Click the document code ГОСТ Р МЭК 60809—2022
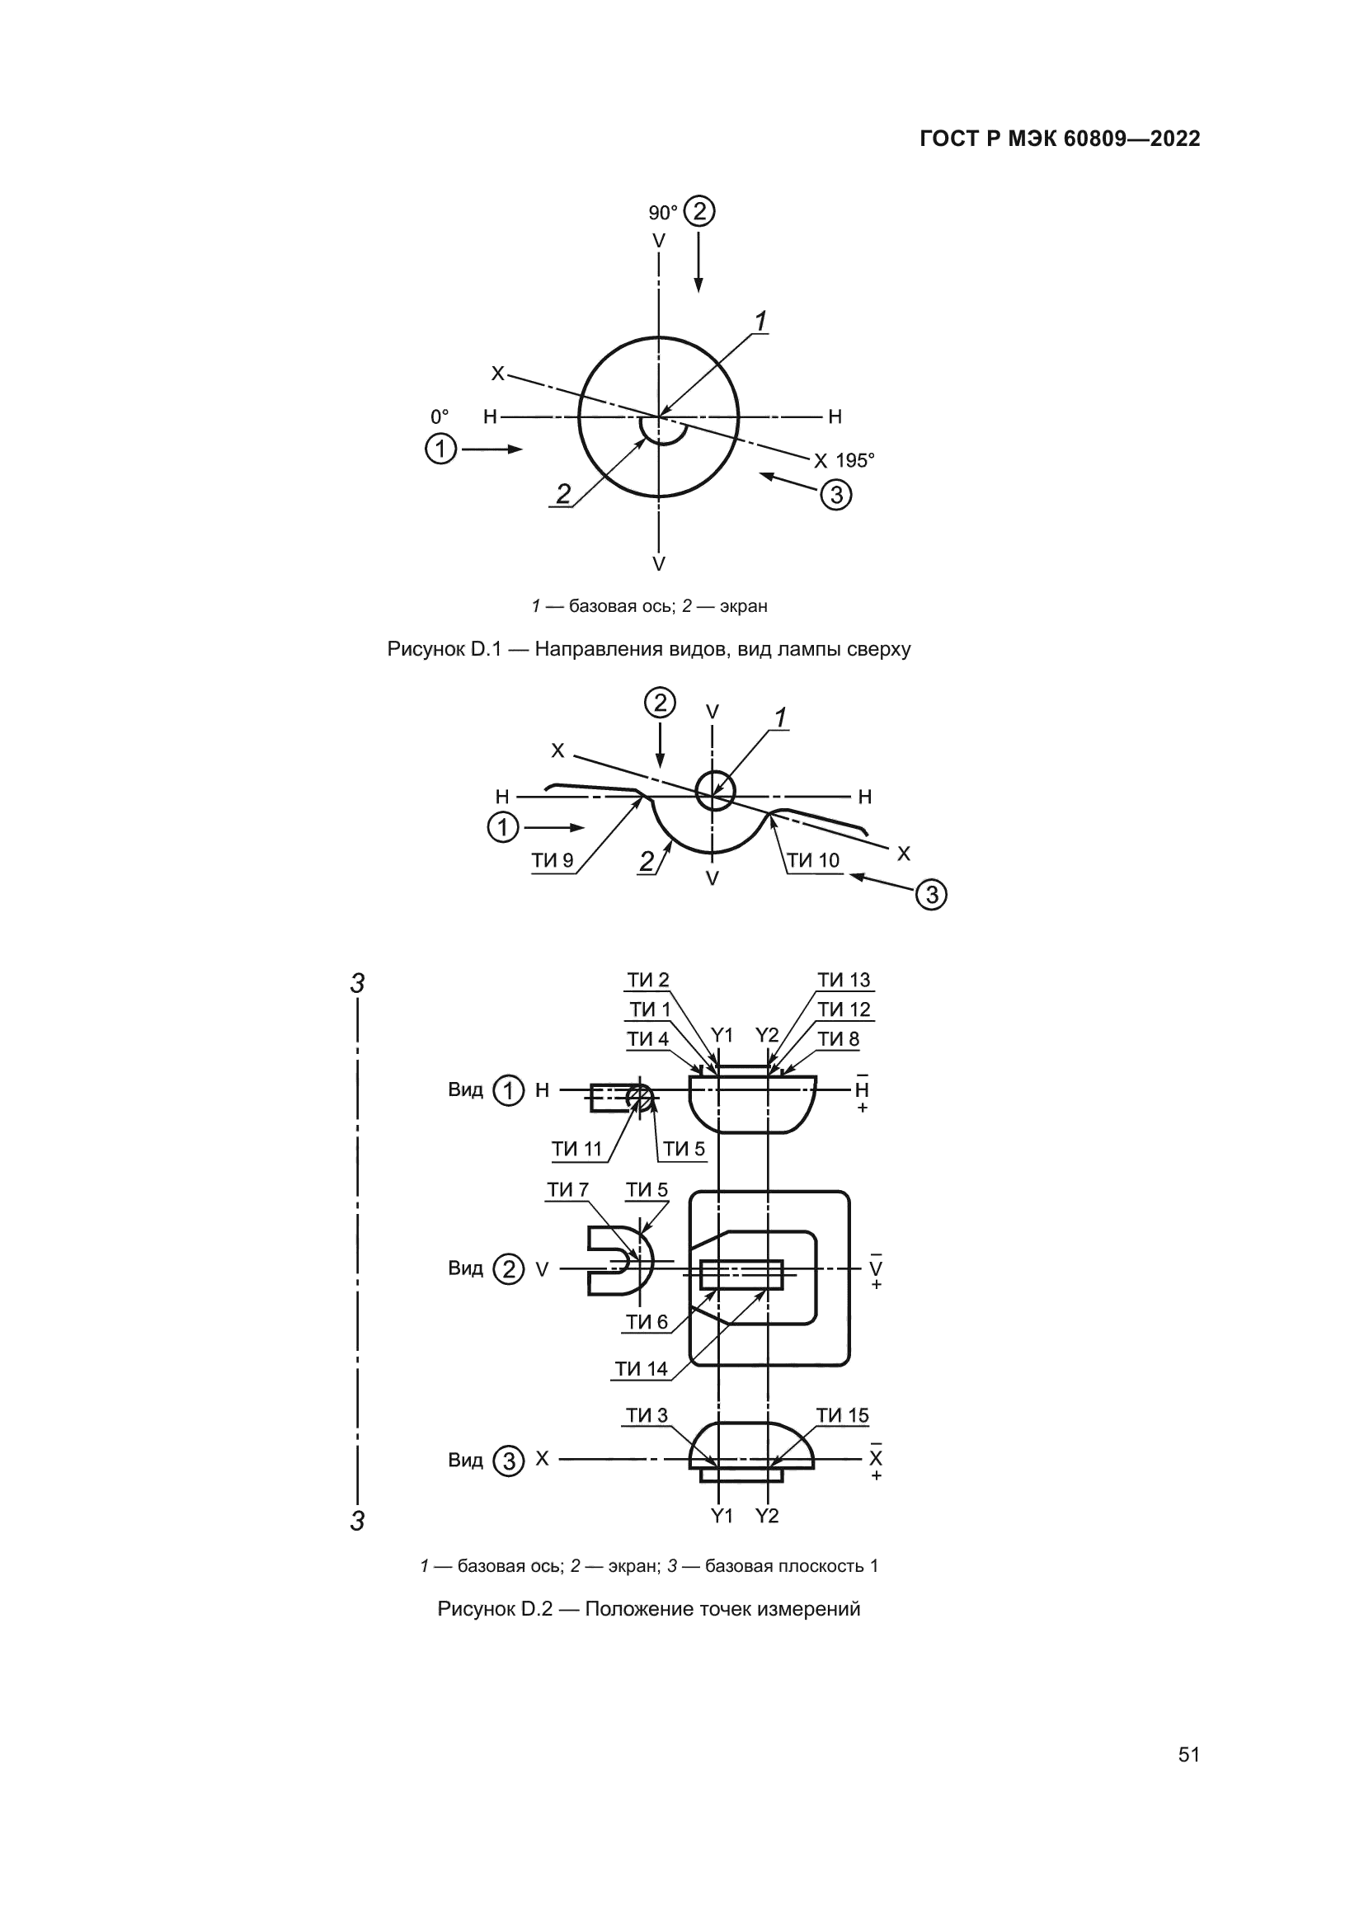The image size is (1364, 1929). pos(1060,139)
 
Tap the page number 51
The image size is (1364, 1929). pos(1189,1754)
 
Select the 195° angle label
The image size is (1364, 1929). pos(855,460)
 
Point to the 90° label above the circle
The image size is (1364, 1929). pos(663,214)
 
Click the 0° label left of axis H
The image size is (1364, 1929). pos(440,416)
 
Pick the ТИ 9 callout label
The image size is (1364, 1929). pos(553,860)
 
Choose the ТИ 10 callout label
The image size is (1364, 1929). pos(813,860)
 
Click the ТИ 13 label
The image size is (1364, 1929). pos(844,980)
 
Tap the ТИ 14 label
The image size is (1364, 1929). pos(641,1369)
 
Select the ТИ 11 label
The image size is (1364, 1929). pos(577,1149)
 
